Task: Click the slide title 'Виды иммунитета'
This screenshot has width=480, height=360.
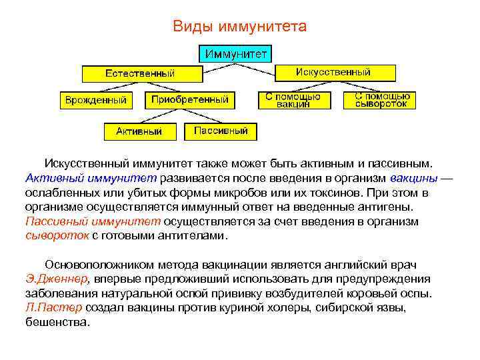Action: coord(239,27)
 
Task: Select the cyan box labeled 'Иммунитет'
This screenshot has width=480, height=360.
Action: coord(236,53)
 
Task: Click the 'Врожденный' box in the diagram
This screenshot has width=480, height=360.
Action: coord(95,100)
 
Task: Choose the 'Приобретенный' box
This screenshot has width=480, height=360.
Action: coord(190,100)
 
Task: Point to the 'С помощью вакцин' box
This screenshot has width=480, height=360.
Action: coord(293,100)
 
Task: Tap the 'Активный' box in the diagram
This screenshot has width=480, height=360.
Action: coord(139,131)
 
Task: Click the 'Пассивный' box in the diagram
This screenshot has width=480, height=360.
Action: coord(221,131)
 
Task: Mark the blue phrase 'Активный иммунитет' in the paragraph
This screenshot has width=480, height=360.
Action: coord(91,179)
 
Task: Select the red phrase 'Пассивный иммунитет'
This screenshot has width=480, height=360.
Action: coord(93,221)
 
